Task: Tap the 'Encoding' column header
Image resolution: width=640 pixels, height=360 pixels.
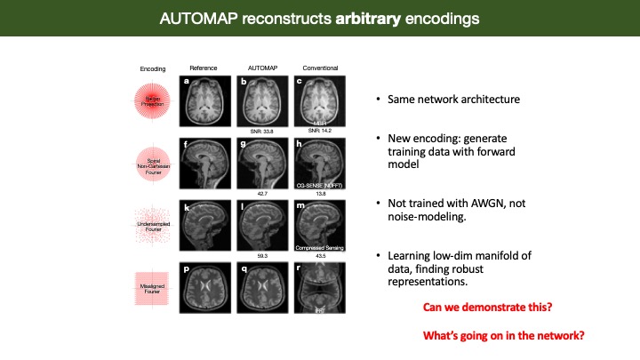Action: (x=153, y=68)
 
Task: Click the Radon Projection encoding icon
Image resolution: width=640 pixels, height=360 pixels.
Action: (x=154, y=100)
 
